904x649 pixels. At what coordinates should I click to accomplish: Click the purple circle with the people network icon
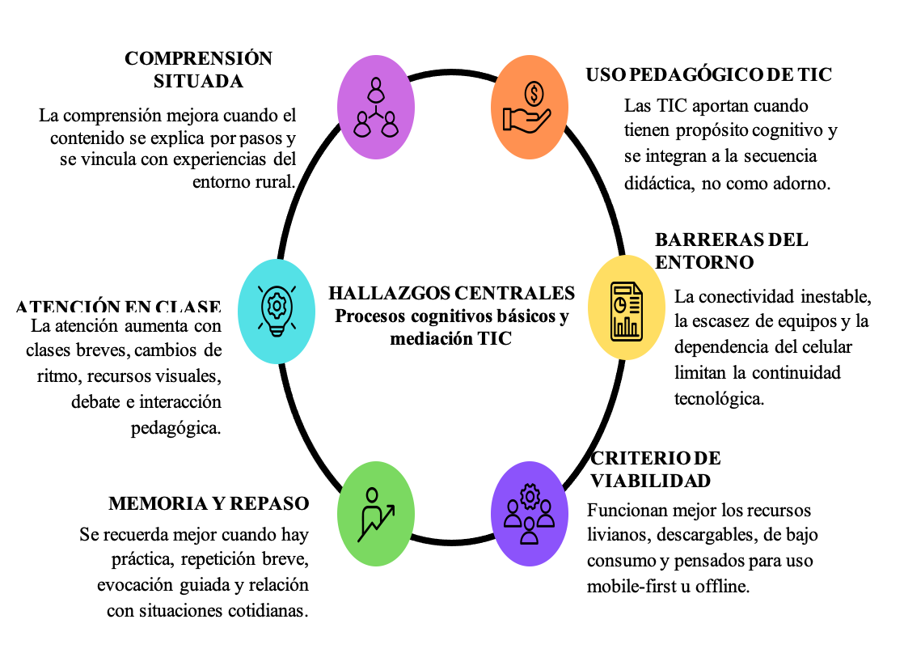point(376,106)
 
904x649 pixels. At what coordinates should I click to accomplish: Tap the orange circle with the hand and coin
point(530,106)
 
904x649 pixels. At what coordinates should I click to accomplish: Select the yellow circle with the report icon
point(626,308)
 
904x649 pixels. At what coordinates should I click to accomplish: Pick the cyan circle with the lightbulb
point(277,308)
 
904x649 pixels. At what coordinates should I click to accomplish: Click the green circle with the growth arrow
point(375,512)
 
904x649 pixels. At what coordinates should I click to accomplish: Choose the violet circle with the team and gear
point(530,512)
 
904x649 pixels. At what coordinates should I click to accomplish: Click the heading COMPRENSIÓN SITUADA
point(198,70)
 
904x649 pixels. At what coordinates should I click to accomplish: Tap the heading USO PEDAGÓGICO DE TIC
point(709,74)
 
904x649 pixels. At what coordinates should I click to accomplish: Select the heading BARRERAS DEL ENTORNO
point(731,251)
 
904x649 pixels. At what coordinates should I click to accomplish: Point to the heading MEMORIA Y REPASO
point(209,503)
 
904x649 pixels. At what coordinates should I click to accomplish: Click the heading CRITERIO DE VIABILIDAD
point(655,469)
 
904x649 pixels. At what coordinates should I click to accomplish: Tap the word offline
point(723,586)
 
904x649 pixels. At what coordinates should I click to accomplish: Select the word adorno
point(801,183)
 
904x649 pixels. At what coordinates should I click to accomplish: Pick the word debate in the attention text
point(97,402)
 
